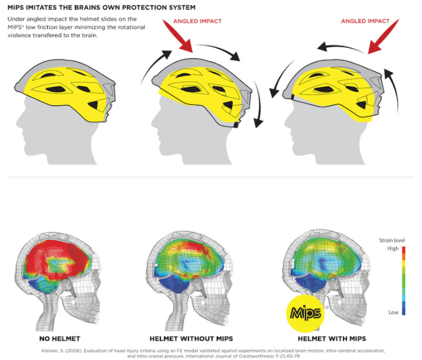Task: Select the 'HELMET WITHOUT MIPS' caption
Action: pos(191,338)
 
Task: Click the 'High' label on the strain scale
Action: pos(393,248)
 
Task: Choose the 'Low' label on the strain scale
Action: pos(393,312)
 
